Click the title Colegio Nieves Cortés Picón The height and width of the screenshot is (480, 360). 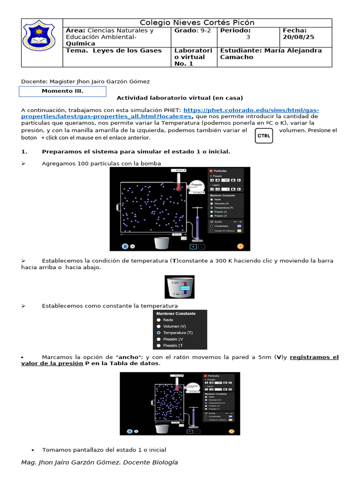point(197,23)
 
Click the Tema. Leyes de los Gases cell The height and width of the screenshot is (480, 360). point(114,51)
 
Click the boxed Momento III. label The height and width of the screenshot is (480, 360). point(62,91)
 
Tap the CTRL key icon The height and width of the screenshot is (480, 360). point(263,136)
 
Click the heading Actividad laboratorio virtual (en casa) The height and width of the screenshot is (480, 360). point(180,98)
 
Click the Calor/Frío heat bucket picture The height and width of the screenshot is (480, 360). point(180,287)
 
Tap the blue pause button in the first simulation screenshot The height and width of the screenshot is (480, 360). point(125,246)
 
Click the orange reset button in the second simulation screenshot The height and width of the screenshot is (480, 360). point(231,430)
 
